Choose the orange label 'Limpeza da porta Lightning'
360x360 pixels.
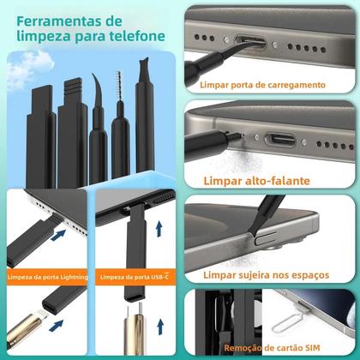coord(47,278)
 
